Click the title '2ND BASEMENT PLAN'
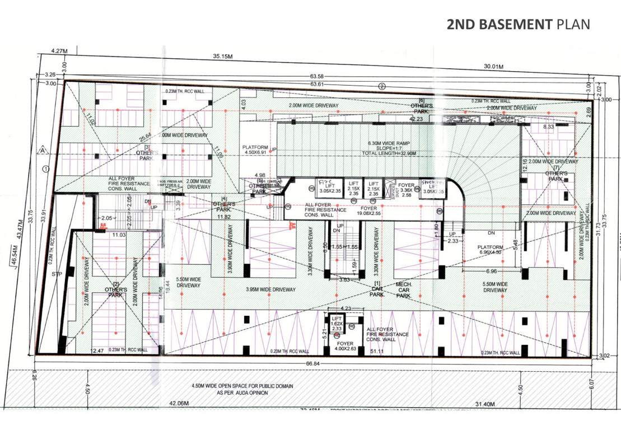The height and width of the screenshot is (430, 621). [519, 24]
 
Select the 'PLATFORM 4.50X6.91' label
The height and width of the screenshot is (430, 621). [256, 151]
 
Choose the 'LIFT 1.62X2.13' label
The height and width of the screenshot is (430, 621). [337, 324]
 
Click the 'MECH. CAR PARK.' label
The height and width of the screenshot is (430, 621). [404, 290]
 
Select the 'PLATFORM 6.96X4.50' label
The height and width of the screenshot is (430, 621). [491, 249]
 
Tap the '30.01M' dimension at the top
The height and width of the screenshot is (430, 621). [493, 67]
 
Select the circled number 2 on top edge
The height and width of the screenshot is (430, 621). [382, 86]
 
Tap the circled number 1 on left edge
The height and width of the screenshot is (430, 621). [46, 168]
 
